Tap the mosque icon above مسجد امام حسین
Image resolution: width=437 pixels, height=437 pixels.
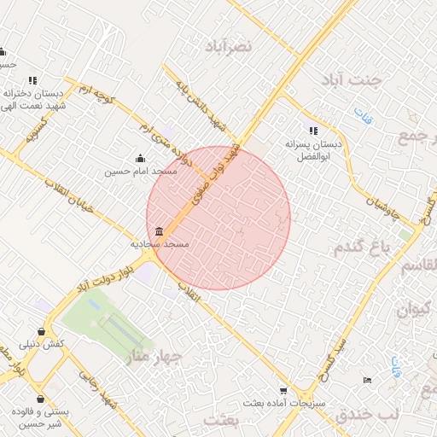point(141,158)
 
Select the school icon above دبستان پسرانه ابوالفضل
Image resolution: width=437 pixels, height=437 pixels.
point(313,131)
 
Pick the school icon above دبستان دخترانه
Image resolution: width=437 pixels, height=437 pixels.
point(32,80)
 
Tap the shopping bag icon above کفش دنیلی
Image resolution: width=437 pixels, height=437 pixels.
point(42,331)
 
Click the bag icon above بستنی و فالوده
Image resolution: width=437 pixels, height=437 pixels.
point(40,399)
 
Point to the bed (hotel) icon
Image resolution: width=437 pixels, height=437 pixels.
point(368,379)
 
